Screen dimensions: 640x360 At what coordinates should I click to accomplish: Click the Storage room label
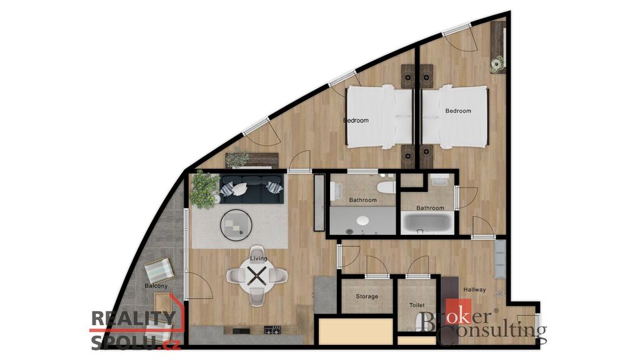[367, 296]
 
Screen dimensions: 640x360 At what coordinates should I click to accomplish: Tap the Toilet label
[417, 305]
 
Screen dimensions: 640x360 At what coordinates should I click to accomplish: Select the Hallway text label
[475, 290]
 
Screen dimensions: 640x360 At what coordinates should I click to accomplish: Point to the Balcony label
[156, 286]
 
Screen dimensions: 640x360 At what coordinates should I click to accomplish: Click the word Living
[259, 258]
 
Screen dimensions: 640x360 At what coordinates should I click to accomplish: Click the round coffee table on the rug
[236, 224]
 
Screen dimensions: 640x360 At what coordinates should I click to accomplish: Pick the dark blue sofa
[251, 189]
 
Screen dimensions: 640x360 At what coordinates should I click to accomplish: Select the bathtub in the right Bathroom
[427, 223]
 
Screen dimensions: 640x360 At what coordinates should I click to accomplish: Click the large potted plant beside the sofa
[204, 190]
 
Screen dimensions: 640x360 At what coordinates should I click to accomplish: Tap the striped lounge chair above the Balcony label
[159, 269]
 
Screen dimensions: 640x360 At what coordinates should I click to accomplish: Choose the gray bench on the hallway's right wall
[501, 259]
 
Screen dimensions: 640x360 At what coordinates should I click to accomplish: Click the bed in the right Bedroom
[454, 117]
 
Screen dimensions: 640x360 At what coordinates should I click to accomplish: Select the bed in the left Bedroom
[379, 117]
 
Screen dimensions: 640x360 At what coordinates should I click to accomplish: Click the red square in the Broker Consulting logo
[458, 311]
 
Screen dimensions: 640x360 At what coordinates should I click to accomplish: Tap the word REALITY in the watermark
[134, 318]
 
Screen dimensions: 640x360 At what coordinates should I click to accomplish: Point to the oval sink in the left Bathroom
[362, 221]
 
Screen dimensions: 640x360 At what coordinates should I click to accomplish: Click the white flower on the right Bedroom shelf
[497, 64]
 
